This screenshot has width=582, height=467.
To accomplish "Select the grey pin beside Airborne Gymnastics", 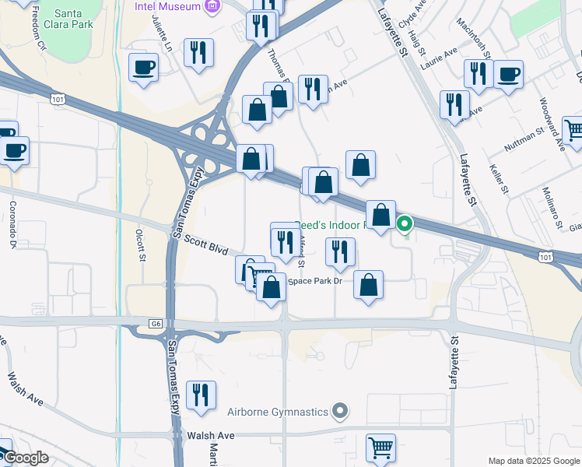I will coord(339,410).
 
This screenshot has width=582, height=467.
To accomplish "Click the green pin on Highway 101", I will coord(405,226).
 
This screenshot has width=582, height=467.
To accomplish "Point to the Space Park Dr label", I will coord(315,280).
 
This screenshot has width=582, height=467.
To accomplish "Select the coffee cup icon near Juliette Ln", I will coord(143,68).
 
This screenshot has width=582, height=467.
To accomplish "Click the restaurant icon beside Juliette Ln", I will coord(199,53).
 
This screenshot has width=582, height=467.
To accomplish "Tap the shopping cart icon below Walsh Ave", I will coord(380,448).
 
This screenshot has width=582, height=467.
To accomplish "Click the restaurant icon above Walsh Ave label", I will coord(202,395).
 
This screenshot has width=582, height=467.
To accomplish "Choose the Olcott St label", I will coord(141,243).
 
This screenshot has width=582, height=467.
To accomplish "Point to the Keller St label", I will coord(499,178).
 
